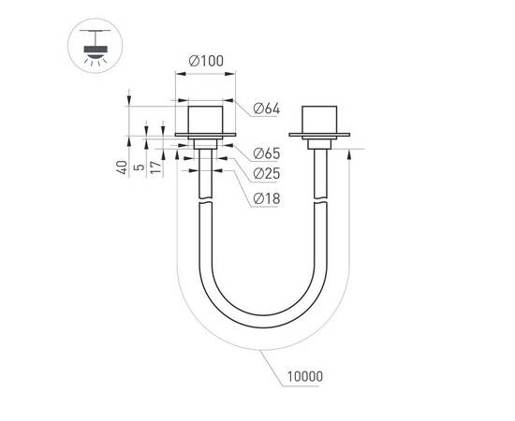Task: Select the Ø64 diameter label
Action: [x=267, y=109]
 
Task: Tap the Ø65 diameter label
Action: [x=267, y=152]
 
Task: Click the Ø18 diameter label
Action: [x=267, y=198]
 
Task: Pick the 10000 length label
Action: [x=304, y=377]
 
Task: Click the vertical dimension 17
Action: [x=156, y=169]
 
